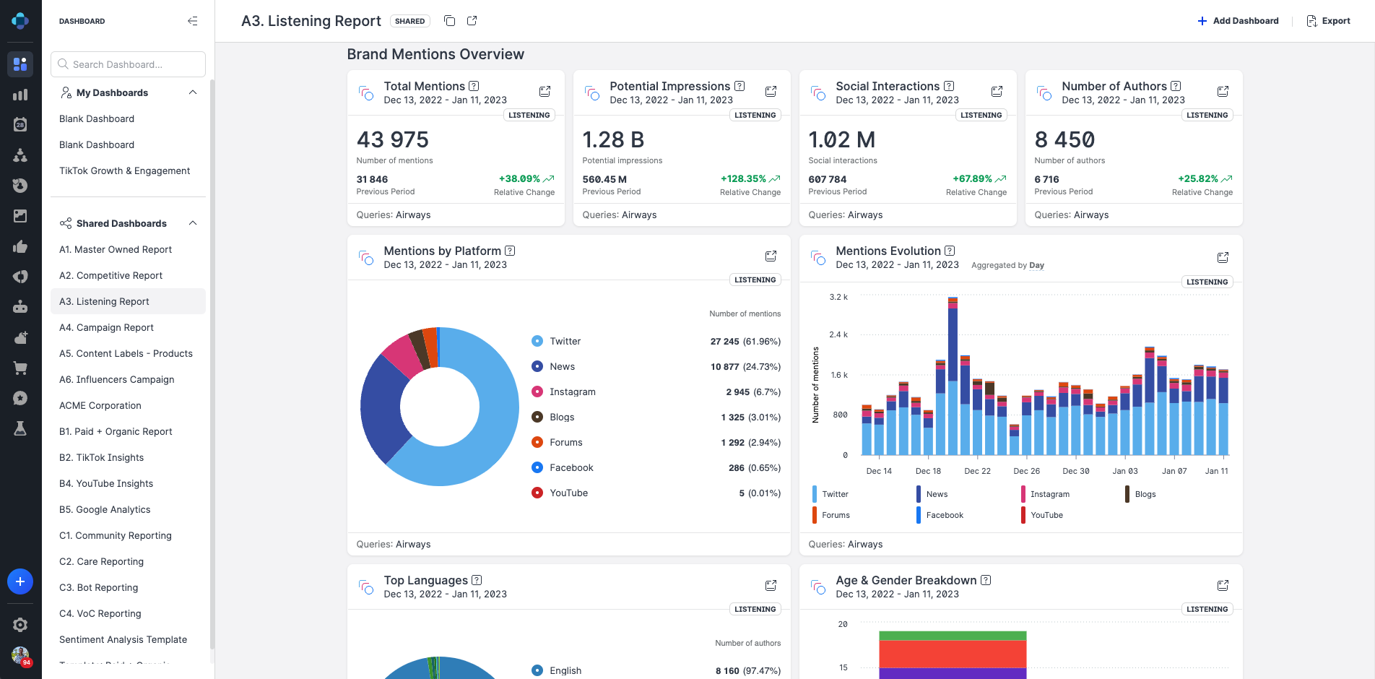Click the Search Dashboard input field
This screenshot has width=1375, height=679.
tap(128, 64)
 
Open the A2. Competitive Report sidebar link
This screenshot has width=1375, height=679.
tap(110, 275)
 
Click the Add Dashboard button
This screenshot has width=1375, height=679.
tap(1238, 21)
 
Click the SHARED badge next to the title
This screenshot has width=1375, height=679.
tap(409, 21)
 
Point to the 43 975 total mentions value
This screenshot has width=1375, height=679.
tap(392, 139)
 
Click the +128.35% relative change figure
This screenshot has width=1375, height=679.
tap(743, 178)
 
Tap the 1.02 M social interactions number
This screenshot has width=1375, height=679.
tap(841, 139)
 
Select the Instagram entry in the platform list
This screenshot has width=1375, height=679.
tap(572, 392)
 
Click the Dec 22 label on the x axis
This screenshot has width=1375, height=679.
tap(977, 471)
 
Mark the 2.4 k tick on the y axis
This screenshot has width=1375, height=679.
tap(838, 334)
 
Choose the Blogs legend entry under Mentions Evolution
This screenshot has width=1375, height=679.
tap(1145, 494)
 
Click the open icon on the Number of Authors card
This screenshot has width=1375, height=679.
tap(1223, 91)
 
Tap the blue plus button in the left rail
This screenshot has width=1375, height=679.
tap(20, 581)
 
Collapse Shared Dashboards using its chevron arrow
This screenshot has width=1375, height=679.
tap(193, 223)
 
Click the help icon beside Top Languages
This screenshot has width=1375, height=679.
tap(477, 580)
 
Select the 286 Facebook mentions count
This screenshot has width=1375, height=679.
tap(736, 467)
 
